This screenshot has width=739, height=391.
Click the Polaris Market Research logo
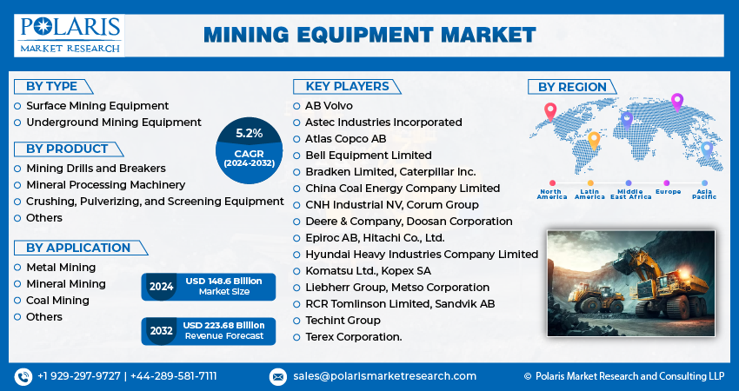[x=70, y=36]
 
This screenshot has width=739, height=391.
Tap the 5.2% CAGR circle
[x=249, y=150]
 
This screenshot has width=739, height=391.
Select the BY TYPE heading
[x=52, y=87]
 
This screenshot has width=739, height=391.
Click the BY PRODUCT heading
[x=68, y=149]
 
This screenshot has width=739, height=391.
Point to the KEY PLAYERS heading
[x=348, y=87]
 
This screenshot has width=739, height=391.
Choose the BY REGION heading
[x=572, y=87]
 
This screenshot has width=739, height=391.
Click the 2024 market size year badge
[x=161, y=287]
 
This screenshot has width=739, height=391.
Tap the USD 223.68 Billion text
[x=223, y=325]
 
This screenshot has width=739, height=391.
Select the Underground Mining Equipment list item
[x=114, y=123]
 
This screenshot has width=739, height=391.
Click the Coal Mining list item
[x=57, y=301]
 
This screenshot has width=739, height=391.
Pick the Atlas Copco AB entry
[x=345, y=139]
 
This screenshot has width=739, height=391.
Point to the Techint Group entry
[x=343, y=321]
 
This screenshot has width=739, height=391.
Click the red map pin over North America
[x=550, y=112]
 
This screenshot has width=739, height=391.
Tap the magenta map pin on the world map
[x=677, y=103]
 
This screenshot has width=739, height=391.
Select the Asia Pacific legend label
[x=704, y=194]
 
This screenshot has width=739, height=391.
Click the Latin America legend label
[x=589, y=194]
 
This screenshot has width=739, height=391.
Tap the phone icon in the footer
[x=23, y=376]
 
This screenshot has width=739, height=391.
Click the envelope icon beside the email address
[x=278, y=377]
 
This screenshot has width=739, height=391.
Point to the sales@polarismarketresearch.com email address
[x=384, y=376]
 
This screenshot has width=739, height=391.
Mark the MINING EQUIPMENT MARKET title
[x=369, y=36]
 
